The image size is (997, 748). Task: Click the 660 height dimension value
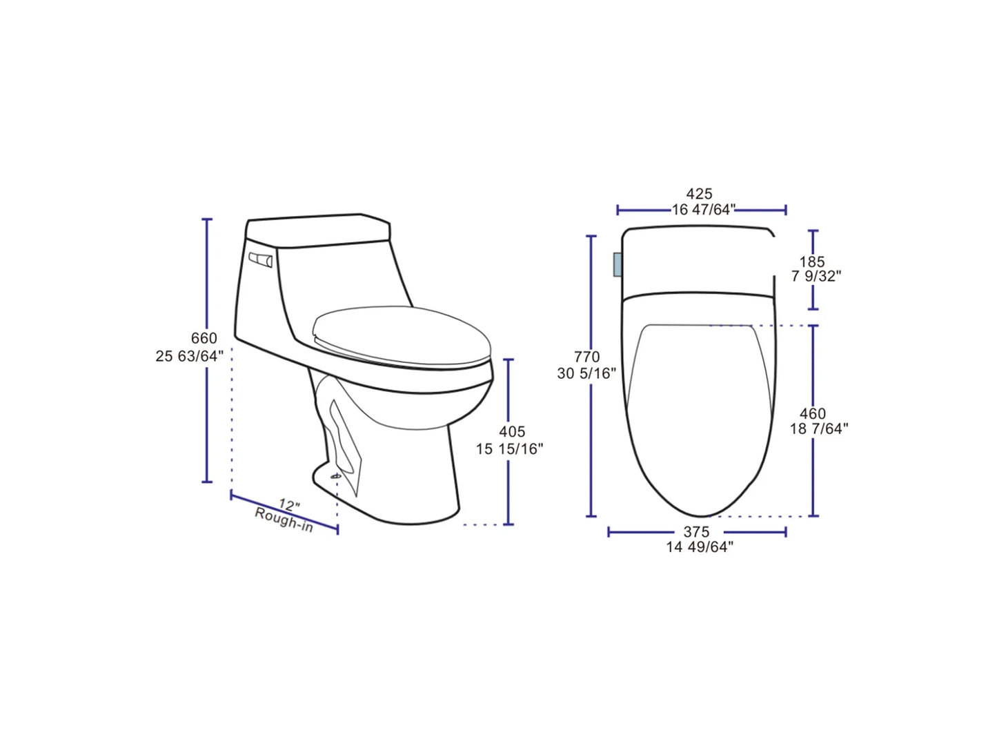tap(204, 339)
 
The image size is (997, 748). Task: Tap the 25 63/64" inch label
tap(190, 357)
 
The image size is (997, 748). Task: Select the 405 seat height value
tap(512, 432)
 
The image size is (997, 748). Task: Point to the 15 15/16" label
tap(509, 449)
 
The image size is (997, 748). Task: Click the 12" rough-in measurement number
tap(289, 505)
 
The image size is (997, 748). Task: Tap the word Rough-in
tap(284, 520)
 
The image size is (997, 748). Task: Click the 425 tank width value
tap(699, 195)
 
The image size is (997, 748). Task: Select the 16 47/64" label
tap(704, 210)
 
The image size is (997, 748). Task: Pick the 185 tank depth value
tap(812, 262)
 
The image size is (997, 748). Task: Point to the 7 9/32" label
tap(816, 277)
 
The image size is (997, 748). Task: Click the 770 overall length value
tap(587, 357)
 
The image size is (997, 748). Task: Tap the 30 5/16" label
tap(586, 373)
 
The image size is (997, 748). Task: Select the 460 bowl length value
tap(812, 414)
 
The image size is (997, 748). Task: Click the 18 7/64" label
tap(819, 429)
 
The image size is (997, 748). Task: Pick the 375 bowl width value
tap(697, 533)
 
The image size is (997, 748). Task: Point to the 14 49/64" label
tap(700, 548)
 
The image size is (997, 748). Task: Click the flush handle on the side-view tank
tap(261, 260)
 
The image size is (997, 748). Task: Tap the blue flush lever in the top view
tap(618, 265)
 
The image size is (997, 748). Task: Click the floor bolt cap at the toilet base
tap(337, 475)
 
